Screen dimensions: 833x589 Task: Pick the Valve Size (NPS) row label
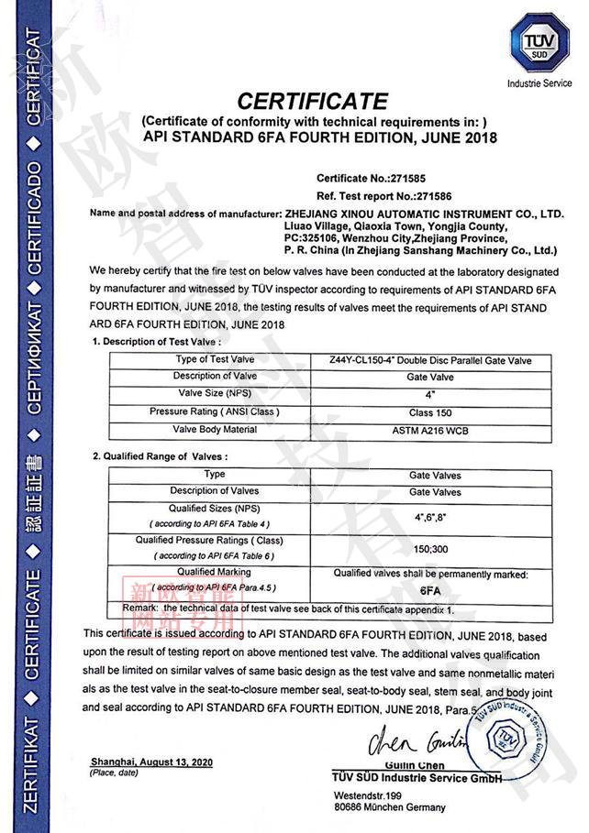tap(216, 393)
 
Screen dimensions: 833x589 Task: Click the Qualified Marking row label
tap(215, 572)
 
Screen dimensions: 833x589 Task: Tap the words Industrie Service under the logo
tap(539, 83)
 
